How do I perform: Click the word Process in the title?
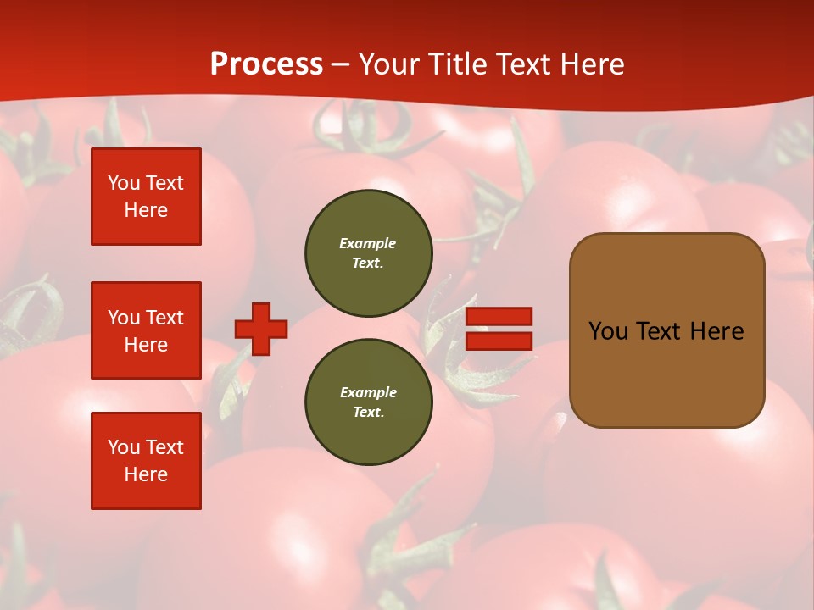[266, 64]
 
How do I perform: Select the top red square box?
[146, 197]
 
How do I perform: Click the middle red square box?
[146, 330]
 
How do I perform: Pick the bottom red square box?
[146, 461]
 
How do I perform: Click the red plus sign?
[261, 329]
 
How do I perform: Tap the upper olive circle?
[368, 253]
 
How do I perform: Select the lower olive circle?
[368, 402]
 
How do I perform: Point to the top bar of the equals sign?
[499, 316]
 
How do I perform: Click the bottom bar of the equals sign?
[499, 341]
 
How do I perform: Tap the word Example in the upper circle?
[367, 243]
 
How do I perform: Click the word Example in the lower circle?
[368, 392]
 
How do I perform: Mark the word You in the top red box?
[123, 183]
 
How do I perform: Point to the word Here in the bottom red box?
[146, 474]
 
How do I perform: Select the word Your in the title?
[389, 64]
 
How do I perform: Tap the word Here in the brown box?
[716, 331]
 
